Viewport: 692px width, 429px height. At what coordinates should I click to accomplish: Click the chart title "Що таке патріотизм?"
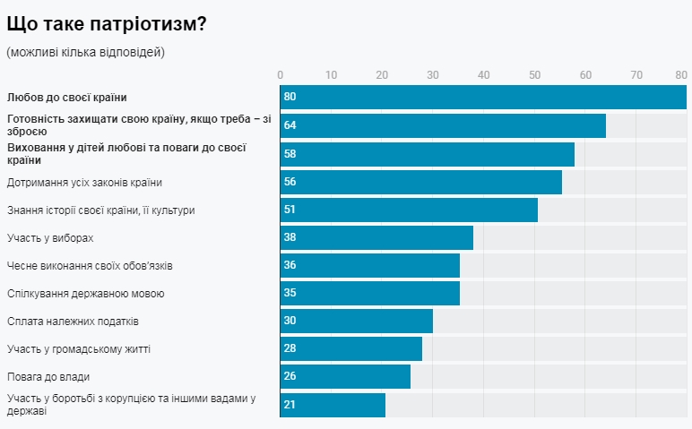coord(107,24)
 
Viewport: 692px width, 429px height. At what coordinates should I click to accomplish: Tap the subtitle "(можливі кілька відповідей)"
coord(86,52)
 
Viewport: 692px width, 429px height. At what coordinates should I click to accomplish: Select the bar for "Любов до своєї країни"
coord(483,97)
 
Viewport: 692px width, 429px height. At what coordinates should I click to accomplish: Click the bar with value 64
coord(443,125)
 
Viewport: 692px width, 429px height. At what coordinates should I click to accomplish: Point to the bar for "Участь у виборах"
coord(376,237)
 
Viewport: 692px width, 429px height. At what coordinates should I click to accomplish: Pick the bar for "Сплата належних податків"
coord(357,321)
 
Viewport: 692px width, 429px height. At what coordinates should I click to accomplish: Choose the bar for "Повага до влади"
coord(346,376)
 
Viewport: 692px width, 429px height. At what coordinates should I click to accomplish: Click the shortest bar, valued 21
coord(333,404)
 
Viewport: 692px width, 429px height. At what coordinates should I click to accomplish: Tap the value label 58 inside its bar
coord(290,154)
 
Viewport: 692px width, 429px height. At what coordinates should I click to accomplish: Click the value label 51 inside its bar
coord(290,210)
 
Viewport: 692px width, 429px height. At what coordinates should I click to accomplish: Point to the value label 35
coord(290,293)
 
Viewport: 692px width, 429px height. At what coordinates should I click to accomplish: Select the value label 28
coord(290,348)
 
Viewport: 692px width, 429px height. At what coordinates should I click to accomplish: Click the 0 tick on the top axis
coord(281,74)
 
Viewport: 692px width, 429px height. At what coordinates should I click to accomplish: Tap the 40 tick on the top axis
coord(484,74)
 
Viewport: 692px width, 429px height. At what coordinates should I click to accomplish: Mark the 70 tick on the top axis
coord(636,74)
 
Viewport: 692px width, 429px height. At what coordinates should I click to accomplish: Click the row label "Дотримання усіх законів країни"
coord(84,183)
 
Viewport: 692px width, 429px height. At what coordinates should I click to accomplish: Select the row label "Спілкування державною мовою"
coord(86,294)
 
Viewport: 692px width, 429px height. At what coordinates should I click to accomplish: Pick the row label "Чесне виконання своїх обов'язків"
coord(96,266)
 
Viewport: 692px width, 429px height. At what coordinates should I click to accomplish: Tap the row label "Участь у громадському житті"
coord(78,348)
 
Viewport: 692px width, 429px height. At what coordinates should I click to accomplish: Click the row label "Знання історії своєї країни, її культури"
coord(100,210)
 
